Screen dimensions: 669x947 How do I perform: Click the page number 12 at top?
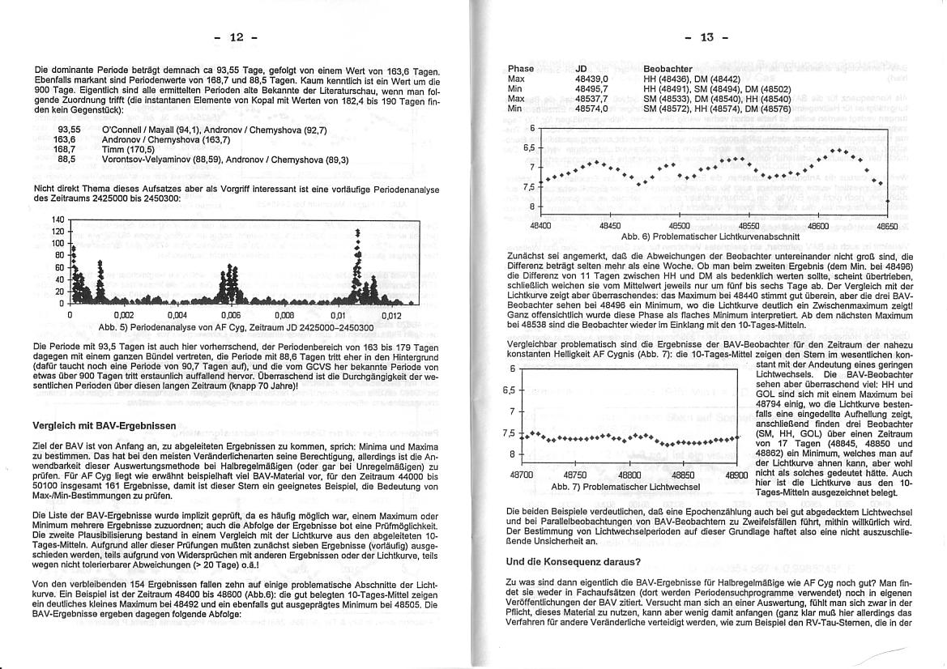[236, 37]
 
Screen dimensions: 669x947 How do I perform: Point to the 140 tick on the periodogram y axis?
[58, 219]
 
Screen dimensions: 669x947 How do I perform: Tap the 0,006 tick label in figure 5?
[231, 316]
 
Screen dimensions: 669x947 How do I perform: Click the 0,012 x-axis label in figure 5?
[390, 316]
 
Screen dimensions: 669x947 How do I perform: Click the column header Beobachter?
[668, 69]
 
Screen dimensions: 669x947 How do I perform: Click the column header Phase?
[521, 69]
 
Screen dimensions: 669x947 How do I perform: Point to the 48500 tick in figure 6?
[680, 226]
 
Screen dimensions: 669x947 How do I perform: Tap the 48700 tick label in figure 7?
[522, 475]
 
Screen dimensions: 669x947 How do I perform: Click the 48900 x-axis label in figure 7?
[737, 475]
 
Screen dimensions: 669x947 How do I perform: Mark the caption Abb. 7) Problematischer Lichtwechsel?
[625, 487]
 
